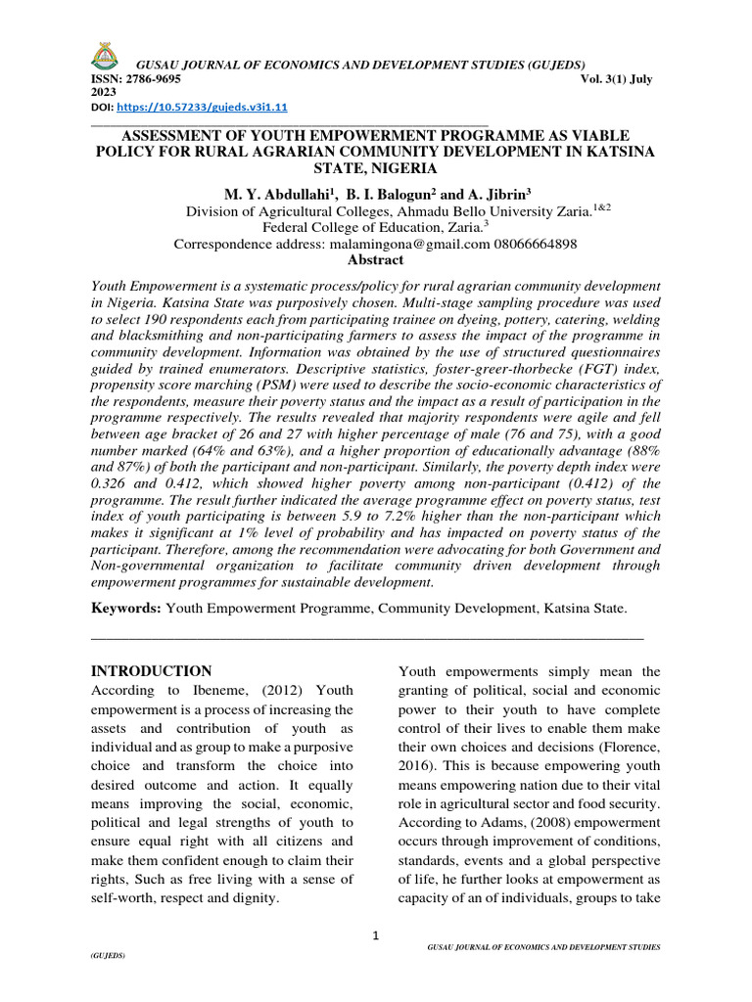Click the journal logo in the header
(x=105, y=58)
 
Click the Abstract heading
(x=375, y=260)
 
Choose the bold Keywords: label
(x=126, y=609)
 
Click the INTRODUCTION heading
(x=151, y=671)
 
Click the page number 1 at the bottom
(x=375, y=936)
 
